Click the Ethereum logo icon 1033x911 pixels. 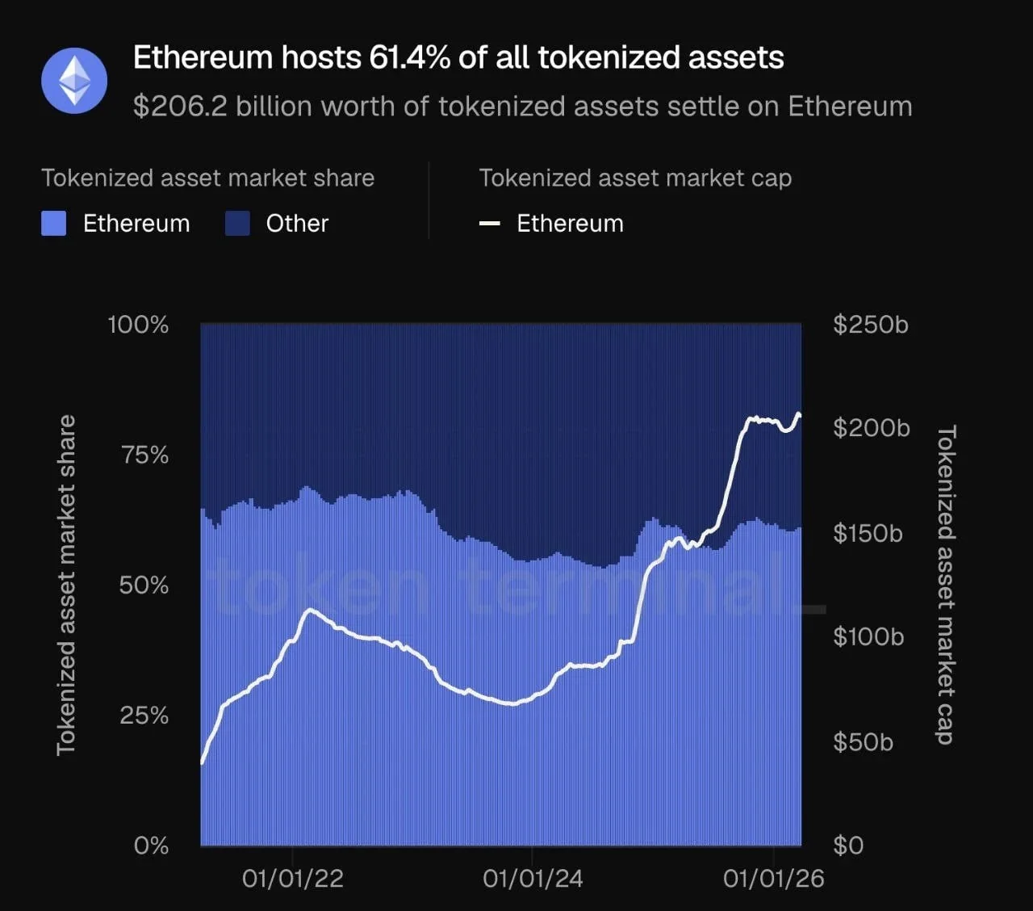74,80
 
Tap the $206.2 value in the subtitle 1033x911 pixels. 180,107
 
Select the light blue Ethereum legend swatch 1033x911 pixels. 54,224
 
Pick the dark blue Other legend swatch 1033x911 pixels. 237,224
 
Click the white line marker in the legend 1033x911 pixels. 489,224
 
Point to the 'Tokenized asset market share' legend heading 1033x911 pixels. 207,178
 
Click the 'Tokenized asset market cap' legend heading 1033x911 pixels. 635,178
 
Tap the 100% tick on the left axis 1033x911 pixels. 138,325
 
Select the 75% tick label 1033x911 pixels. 145,455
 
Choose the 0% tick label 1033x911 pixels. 151,846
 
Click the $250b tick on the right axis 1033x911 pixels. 871,325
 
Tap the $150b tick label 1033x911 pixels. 868,533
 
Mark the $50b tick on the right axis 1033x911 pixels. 863,741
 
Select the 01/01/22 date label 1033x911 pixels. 292,879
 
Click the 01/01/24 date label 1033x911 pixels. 533,879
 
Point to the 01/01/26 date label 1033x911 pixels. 773,879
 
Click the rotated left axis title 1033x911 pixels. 65,586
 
